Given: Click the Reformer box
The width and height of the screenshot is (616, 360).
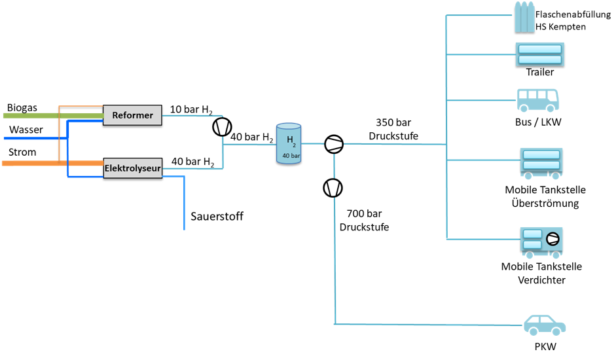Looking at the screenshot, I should click(x=132, y=115).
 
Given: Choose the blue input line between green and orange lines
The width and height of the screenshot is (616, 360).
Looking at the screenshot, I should click(x=33, y=139).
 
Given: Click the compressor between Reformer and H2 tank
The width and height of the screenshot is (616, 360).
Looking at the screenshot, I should click(x=222, y=126).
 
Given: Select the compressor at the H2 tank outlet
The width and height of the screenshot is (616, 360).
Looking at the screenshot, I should click(x=334, y=144).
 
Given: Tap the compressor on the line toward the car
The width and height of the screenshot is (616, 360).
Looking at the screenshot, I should click(x=333, y=188).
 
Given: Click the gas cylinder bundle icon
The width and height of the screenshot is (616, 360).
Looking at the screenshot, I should click(x=524, y=17).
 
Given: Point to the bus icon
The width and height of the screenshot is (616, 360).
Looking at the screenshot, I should click(x=537, y=100).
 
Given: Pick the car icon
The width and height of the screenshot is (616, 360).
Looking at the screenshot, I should click(x=545, y=325).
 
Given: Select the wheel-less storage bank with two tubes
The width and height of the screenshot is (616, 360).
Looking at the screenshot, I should click(x=539, y=54).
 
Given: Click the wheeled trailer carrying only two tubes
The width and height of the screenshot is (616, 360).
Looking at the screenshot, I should click(x=541, y=162).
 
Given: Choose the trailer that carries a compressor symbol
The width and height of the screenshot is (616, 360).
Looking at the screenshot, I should click(x=541, y=241).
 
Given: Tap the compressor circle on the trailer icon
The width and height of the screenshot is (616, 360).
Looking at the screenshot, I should click(x=553, y=239).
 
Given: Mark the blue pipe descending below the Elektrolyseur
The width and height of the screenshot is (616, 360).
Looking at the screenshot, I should click(x=184, y=203).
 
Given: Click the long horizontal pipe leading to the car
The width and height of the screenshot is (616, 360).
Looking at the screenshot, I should click(x=426, y=324).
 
